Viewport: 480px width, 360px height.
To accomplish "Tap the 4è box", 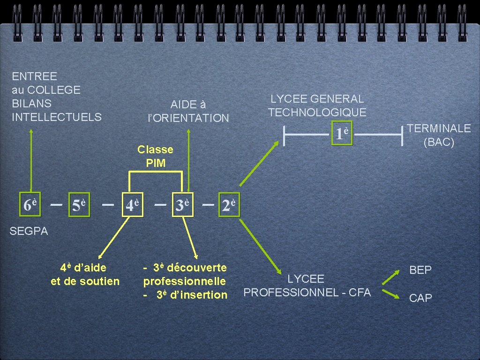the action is (x=132, y=205).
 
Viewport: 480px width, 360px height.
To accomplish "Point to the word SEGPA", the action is (x=29, y=231).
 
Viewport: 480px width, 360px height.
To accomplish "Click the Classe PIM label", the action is (x=155, y=156).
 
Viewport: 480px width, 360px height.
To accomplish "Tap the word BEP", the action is (x=420, y=270).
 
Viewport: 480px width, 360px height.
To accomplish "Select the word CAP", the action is (x=420, y=298).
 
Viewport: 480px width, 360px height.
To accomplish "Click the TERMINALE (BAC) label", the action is (x=439, y=135).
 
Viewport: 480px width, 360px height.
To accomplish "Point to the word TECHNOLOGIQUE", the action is (x=317, y=112).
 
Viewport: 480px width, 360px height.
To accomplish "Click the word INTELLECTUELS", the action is (x=57, y=117).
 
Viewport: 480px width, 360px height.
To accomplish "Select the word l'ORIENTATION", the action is (x=188, y=118).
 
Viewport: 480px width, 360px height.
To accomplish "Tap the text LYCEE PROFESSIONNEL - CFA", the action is (x=307, y=286).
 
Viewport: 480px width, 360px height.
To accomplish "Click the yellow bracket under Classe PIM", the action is (x=156, y=172).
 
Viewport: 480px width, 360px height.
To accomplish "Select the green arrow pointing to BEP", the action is (x=390, y=278).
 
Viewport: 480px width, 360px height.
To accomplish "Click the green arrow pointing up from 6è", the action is (x=31, y=159).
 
